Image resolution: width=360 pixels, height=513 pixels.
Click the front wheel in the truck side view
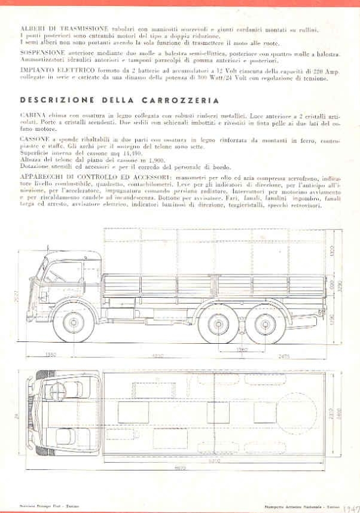click(x=77, y=323)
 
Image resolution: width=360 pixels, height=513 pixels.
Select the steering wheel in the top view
click(x=58, y=393)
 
